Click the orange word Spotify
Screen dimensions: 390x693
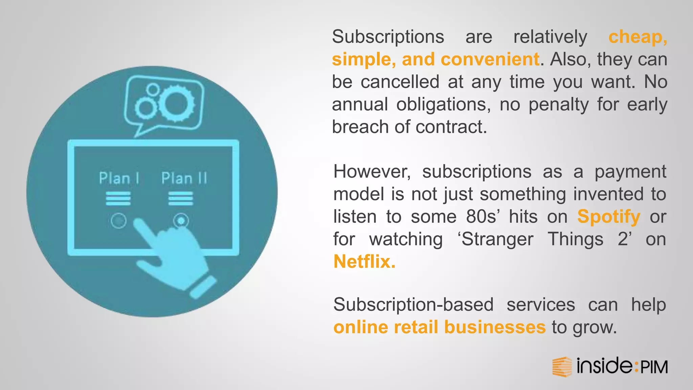click(x=608, y=217)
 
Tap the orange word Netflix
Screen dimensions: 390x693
click(x=364, y=262)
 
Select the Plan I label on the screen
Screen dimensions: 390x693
click(x=119, y=178)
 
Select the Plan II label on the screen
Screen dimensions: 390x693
click(x=184, y=178)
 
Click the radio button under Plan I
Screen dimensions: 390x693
click(x=118, y=221)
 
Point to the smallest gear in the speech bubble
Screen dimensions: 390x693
click(x=153, y=89)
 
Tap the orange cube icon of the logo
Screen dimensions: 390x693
click(x=562, y=367)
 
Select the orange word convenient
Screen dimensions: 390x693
click(x=490, y=59)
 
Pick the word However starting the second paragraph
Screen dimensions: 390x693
click(x=372, y=172)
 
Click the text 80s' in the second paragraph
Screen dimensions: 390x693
click(x=482, y=217)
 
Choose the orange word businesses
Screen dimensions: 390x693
click(x=495, y=327)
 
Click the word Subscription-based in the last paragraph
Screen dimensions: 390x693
click(x=413, y=305)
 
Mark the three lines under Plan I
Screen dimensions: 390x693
click(x=118, y=198)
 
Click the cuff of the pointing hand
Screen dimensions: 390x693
click(x=203, y=287)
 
